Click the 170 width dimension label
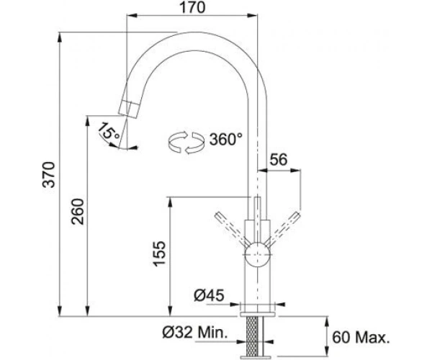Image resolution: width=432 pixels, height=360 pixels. [x=192, y=7]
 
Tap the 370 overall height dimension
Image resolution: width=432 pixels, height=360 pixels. [x=49, y=175]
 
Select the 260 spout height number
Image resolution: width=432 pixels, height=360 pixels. [x=78, y=212]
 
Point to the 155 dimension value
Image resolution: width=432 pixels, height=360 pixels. [x=159, y=253]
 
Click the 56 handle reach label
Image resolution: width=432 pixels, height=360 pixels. [x=278, y=159]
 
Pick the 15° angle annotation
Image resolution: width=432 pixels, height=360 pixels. [x=109, y=131]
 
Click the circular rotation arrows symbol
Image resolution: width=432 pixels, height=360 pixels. [x=186, y=143]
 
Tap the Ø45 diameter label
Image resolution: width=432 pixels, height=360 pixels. [x=209, y=295]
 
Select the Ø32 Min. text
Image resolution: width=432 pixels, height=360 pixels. [x=195, y=333]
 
